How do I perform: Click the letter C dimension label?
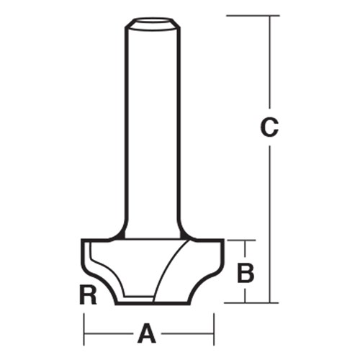(269, 128)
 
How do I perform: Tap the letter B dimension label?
(246, 272)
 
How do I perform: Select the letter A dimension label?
(147, 333)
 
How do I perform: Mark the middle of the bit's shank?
(152, 130)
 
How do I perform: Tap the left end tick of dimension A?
(84, 333)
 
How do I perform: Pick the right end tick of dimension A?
(214, 333)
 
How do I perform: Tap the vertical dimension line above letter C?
(269, 65)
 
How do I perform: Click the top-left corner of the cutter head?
(82, 240)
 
